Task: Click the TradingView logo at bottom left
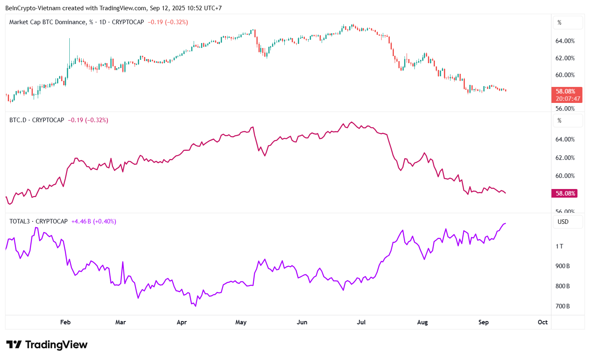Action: tap(47, 344)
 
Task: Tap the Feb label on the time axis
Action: tap(65, 322)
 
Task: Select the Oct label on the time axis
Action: tap(542, 322)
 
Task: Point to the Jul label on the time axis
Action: tap(361, 322)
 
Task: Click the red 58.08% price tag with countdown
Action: tap(566, 95)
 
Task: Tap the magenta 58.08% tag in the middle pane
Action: tap(565, 194)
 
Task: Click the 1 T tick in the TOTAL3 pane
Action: tap(559, 246)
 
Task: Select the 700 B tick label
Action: tap(563, 306)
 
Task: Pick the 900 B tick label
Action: tap(563, 266)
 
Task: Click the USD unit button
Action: tap(563, 222)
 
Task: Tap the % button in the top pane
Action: tap(560, 23)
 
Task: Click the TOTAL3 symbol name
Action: tap(19, 221)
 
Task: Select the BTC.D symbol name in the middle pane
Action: tap(18, 120)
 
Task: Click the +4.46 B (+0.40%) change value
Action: tap(94, 221)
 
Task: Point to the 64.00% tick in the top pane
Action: tap(565, 41)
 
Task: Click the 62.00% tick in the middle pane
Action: tap(565, 158)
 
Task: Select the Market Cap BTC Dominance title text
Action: tap(48, 22)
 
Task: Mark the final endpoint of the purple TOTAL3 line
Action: tap(505, 223)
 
